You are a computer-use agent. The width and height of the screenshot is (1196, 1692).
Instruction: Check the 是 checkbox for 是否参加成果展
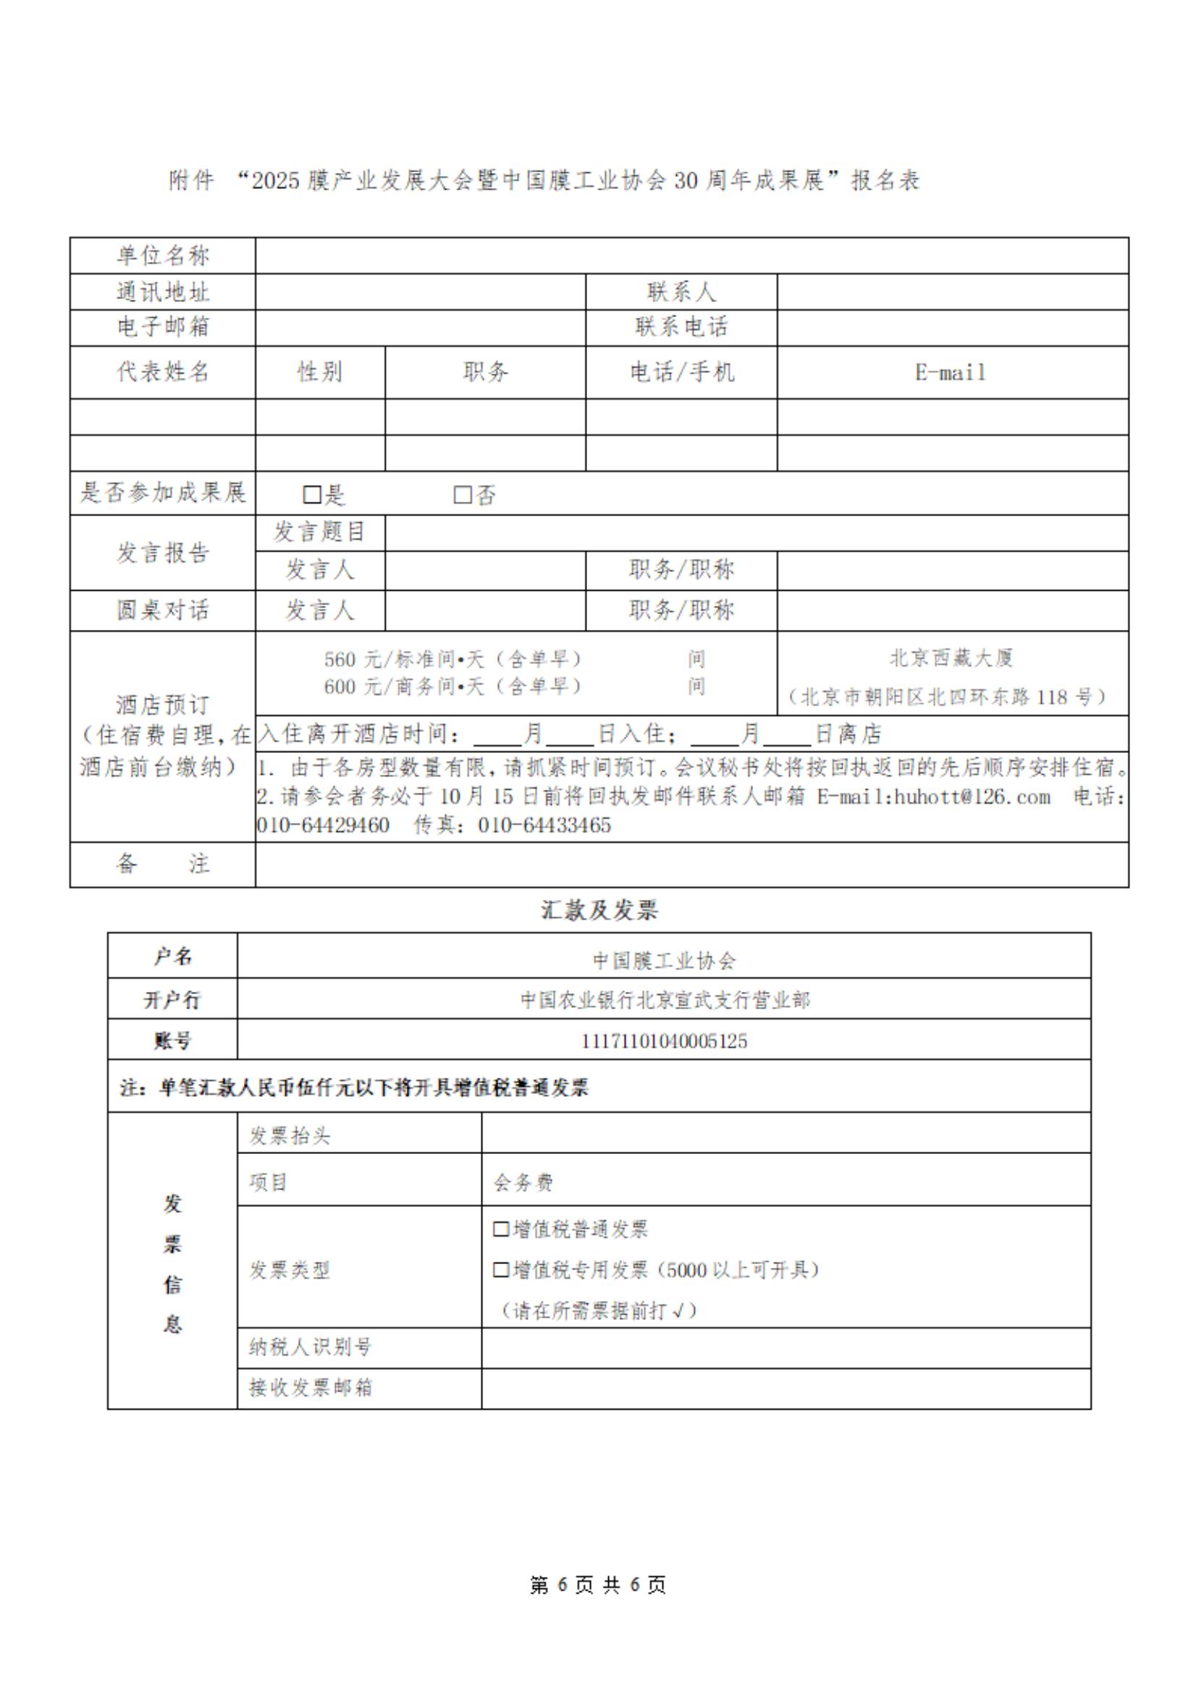pyautogui.click(x=312, y=494)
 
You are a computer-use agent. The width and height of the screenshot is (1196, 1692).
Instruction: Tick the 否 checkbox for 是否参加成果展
pyautogui.click(x=462, y=494)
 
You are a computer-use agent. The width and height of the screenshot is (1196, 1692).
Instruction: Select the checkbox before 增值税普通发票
pyautogui.click(x=500, y=1229)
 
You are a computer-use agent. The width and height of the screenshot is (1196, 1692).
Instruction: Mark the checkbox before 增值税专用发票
pyautogui.click(x=500, y=1269)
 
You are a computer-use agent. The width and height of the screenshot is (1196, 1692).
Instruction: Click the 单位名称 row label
pyautogui.click(x=163, y=256)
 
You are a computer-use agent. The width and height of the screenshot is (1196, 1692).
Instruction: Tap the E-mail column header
pyautogui.click(x=951, y=372)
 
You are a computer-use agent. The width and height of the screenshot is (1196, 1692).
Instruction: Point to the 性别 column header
pyautogui.click(x=320, y=372)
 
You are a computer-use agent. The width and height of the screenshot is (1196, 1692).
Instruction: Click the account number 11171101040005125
pyautogui.click(x=663, y=1040)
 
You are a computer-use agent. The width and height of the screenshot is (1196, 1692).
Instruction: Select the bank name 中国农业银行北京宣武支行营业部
pyautogui.click(x=664, y=999)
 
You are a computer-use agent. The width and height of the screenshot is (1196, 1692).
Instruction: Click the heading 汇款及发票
pyautogui.click(x=599, y=910)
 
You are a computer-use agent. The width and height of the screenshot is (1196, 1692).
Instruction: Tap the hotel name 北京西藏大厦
pyautogui.click(x=951, y=657)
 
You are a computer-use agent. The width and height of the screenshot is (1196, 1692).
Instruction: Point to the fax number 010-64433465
pyautogui.click(x=544, y=825)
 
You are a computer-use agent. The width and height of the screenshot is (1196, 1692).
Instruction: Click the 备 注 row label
pyautogui.click(x=163, y=864)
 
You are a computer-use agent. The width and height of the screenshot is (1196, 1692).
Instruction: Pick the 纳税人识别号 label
pyautogui.click(x=311, y=1347)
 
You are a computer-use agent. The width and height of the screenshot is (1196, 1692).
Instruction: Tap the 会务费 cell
pyautogui.click(x=523, y=1182)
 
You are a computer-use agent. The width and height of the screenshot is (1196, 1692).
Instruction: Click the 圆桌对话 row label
pyautogui.click(x=163, y=610)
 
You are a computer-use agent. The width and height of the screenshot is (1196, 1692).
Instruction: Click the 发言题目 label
pyautogui.click(x=320, y=531)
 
